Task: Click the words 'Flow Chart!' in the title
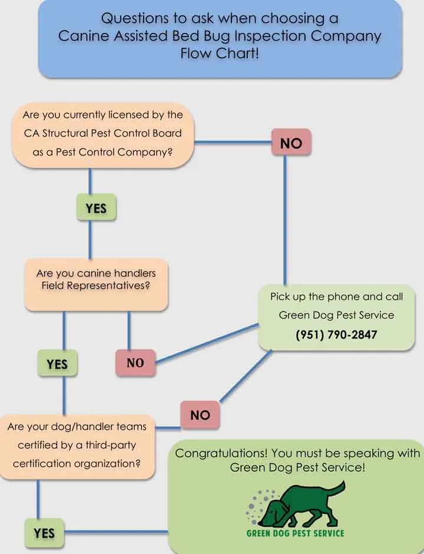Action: click(220, 55)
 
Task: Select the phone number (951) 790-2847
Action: click(336, 335)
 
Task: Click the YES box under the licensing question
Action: click(96, 208)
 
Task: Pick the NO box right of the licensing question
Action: click(291, 143)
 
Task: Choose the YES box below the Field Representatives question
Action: click(57, 364)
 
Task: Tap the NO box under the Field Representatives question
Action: click(135, 363)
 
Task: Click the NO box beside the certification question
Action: click(200, 415)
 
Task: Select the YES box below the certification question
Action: click(44, 533)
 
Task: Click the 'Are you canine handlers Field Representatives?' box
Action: click(96, 280)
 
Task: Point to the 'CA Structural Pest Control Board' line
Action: click(103, 133)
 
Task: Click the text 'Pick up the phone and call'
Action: click(336, 297)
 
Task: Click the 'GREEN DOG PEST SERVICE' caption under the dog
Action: click(295, 533)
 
